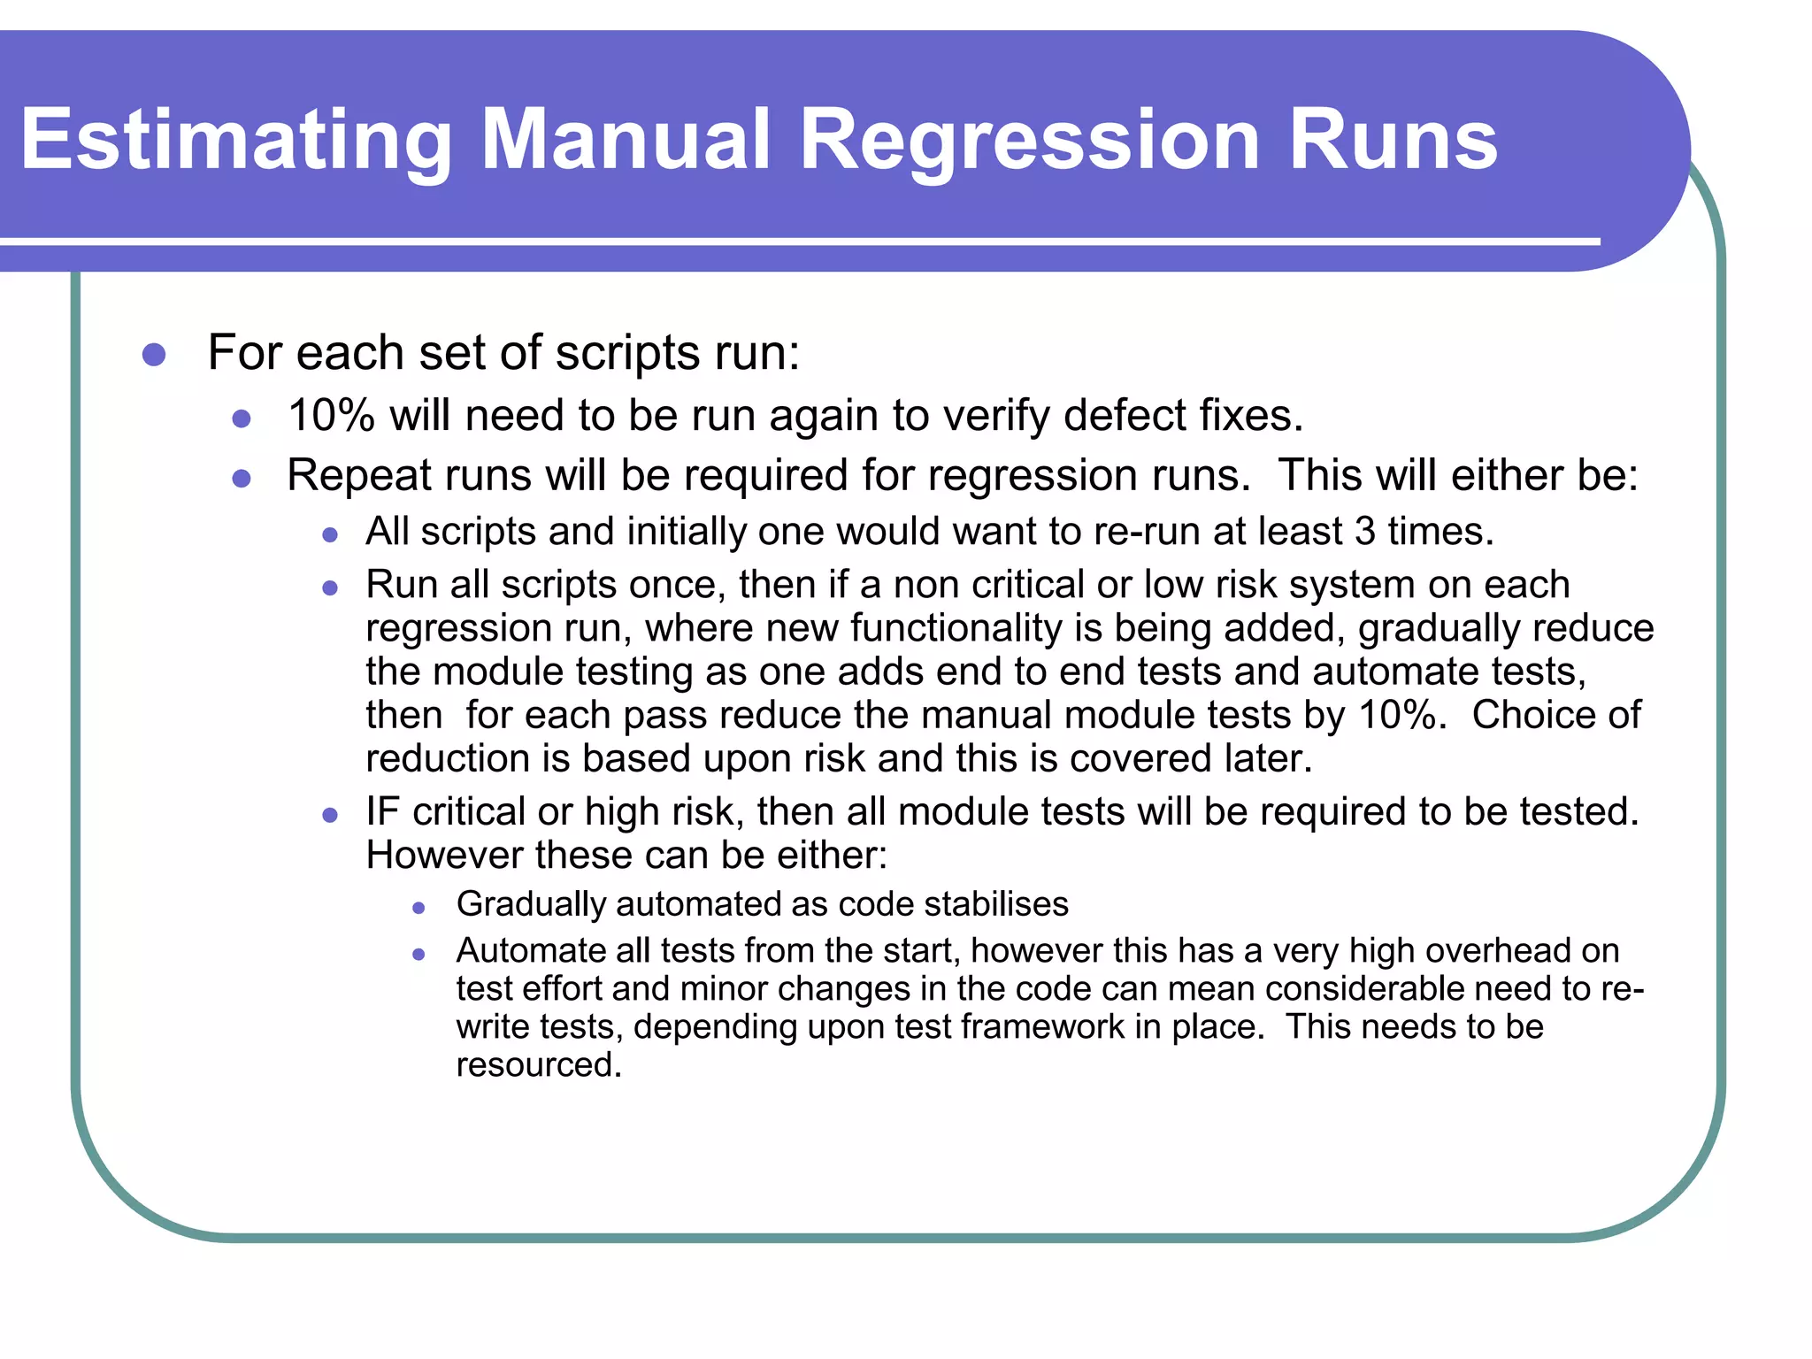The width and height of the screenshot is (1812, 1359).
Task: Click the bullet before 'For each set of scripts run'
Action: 154,355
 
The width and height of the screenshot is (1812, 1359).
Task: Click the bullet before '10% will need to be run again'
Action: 242,418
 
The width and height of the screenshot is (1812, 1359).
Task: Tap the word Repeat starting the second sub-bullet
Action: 358,476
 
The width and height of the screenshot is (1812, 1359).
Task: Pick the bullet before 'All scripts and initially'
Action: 330,535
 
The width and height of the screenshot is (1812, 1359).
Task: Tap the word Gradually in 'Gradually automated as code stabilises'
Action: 530,904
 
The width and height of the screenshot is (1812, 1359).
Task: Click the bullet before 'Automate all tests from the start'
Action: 419,955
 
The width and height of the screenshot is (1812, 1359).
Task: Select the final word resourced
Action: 538,1065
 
